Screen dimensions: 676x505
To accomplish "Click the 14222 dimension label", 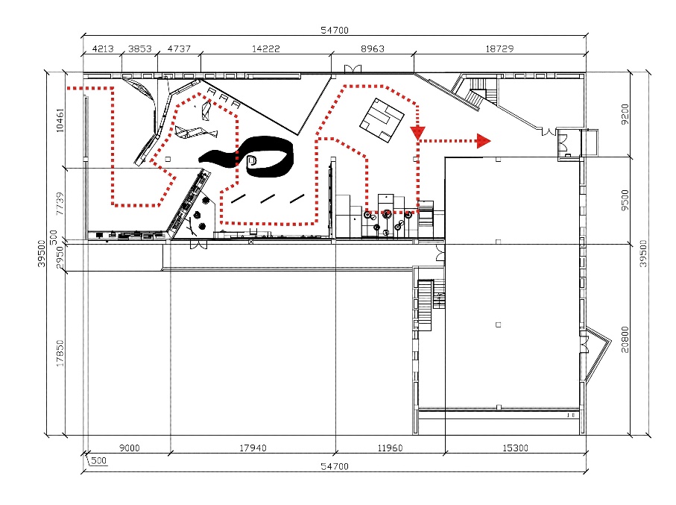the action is click(265, 48).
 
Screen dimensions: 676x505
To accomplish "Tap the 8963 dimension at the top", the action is click(373, 48).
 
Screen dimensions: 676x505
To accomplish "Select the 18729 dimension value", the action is click(499, 48).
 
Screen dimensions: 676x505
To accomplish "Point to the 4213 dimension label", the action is click(103, 48).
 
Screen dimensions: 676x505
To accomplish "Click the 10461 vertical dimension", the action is click(60, 120).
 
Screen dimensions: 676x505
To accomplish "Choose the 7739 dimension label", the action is click(60, 204).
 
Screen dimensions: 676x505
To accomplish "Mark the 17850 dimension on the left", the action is click(60, 353).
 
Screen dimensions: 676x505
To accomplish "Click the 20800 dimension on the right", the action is click(625, 339).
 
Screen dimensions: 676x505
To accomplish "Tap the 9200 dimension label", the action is click(625, 114).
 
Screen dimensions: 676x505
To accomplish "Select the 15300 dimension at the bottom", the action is click(515, 448).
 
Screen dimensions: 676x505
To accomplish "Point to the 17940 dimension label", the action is click(253, 448).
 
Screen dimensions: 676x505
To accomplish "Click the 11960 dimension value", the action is click(390, 448).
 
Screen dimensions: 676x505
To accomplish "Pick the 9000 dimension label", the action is click(130, 448).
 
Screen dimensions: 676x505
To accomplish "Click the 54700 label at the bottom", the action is click(335, 466).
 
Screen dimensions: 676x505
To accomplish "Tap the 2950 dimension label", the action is click(60, 257).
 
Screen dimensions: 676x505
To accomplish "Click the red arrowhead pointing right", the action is click(484, 141).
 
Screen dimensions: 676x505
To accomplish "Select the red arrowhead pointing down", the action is click(418, 133).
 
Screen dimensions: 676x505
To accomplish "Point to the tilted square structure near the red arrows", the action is click(382, 120).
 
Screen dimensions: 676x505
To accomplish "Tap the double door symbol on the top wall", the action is click(353, 69).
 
